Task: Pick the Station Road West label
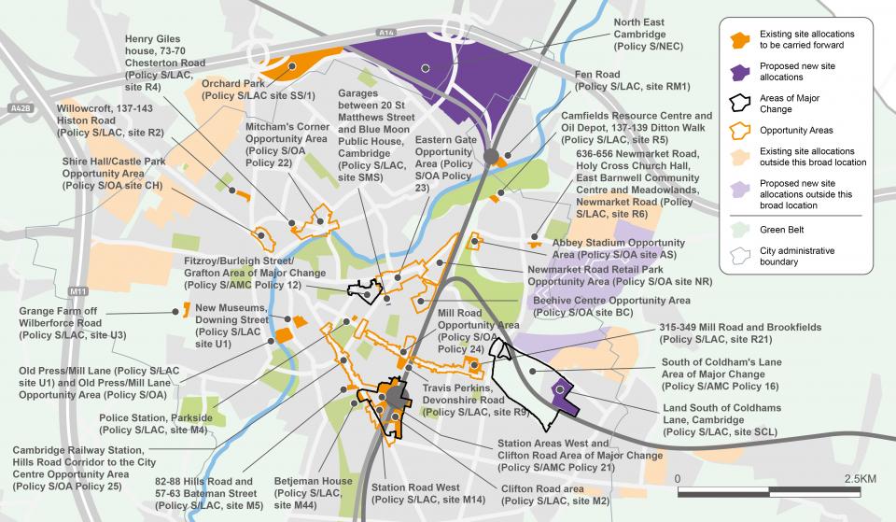click(x=414, y=493)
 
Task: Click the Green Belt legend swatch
click(x=740, y=227)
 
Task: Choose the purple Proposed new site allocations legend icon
click(x=740, y=72)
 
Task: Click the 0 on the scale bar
click(x=679, y=477)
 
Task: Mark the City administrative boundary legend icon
click(x=740, y=256)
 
